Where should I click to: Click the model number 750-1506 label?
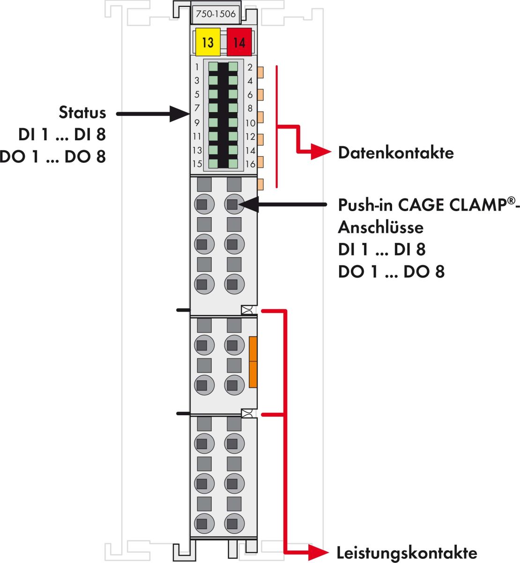(215, 14)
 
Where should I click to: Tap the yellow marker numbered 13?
(208, 43)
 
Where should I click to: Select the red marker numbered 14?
(239, 43)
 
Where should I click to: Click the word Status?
(82, 113)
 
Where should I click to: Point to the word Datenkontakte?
(396, 152)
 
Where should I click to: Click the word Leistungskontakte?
(407, 553)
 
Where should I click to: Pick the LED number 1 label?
(197, 67)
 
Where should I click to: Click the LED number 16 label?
(250, 164)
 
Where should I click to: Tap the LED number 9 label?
(197, 122)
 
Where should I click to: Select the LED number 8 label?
(250, 108)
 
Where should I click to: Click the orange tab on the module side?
(253, 362)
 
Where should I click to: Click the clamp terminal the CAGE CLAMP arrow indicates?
(233, 204)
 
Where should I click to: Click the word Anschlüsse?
(380, 227)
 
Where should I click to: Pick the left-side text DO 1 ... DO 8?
(53, 157)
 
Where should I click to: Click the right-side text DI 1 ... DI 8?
(381, 249)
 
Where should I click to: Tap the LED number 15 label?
(197, 164)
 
